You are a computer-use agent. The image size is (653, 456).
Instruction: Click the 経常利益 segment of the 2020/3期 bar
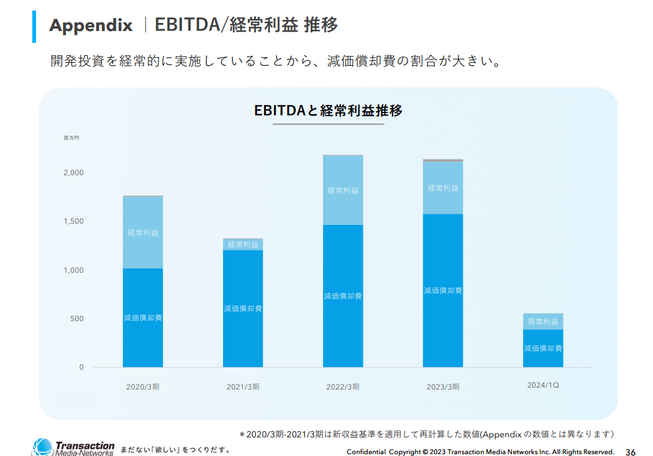(143, 232)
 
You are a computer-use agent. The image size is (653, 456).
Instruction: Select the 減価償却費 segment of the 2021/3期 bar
(243, 308)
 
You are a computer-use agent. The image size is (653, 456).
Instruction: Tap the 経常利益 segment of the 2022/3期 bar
(343, 190)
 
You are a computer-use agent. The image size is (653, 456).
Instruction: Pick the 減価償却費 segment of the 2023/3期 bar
(443, 290)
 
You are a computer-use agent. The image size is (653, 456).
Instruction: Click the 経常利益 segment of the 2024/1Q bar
(543, 322)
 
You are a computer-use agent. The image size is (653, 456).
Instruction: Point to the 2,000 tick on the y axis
(73, 173)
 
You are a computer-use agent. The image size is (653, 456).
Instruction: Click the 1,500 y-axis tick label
(73, 221)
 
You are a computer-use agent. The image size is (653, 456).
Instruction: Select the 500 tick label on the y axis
(77, 319)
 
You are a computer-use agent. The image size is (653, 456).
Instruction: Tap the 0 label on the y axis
(81, 367)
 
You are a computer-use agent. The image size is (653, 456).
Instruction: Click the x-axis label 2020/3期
(143, 386)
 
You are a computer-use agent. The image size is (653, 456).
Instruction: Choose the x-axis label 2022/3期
(343, 386)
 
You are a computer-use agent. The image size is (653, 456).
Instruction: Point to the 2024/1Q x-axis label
(543, 385)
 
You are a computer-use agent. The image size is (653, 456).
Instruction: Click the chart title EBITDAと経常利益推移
(328, 111)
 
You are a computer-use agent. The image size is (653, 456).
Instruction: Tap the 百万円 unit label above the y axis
(71, 137)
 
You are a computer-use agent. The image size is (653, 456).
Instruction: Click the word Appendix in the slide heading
(91, 25)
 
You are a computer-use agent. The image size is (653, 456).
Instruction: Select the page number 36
(630, 452)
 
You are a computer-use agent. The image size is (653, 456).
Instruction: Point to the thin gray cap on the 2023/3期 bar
(443, 160)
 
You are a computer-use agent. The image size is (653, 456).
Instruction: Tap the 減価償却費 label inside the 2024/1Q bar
(543, 349)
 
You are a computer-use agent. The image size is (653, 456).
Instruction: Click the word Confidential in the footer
(366, 452)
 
